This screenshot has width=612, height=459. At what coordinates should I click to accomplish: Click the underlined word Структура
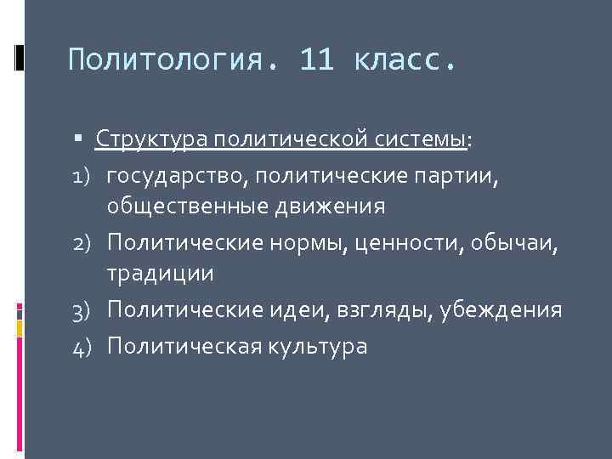tap(152, 139)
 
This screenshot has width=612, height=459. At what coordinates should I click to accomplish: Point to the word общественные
tap(186, 207)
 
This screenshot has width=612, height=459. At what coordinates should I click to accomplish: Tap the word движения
tap(327, 207)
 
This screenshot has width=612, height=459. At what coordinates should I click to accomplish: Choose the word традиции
tap(160, 275)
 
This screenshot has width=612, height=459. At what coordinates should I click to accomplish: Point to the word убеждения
tap(505, 309)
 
